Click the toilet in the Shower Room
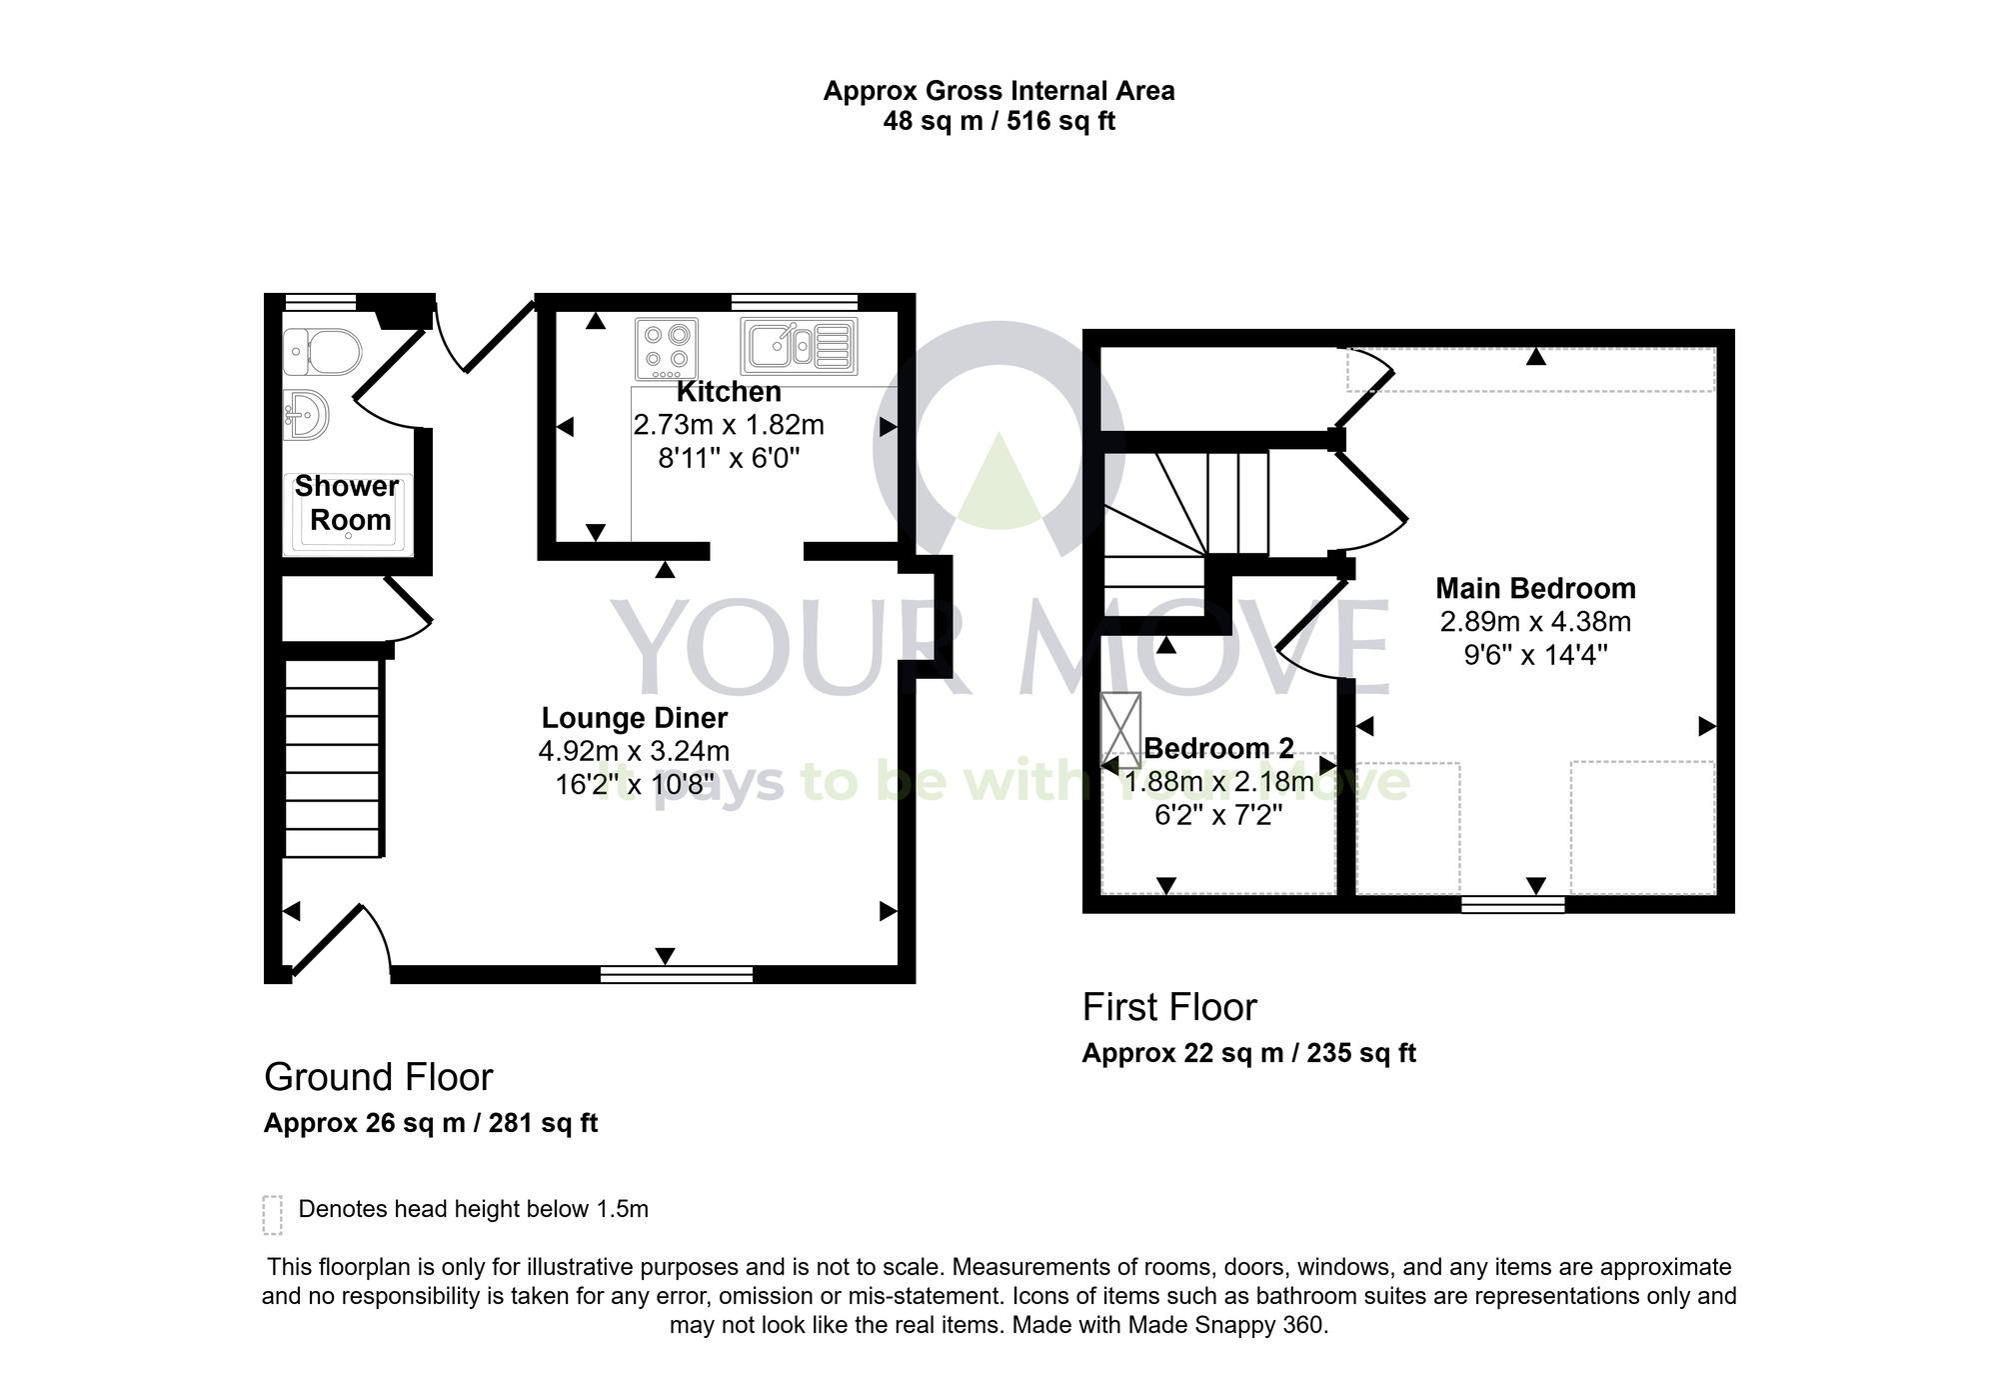[x=322, y=351]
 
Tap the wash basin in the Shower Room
[x=307, y=414]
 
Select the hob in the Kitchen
[x=667, y=349]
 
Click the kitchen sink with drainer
[x=799, y=346]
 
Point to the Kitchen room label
[x=729, y=392]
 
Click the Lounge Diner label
[x=634, y=718]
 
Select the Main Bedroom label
[x=1535, y=588]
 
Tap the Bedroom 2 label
[x=1218, y=748]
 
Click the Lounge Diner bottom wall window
[x=677, y=974]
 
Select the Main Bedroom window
[x=1512, y=905]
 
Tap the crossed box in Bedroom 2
[x=1121, y=730]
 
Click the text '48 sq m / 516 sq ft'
[x=999, y=122]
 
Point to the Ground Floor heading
[x=379, y=1077]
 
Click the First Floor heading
[x=1169, y=1007]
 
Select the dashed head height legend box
[x=273, y=1214]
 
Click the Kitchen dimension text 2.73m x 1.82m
[x=729, y=425]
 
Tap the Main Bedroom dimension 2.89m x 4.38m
[x=1535, y=622]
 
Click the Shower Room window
[x=320, y=301]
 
